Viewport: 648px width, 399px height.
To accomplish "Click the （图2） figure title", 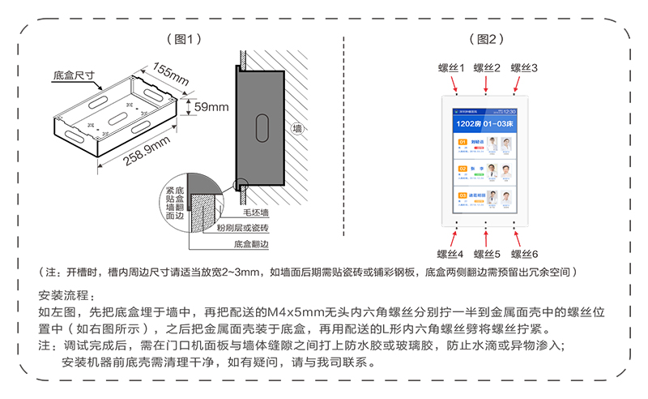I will pyautogui.click(x=486, y=38).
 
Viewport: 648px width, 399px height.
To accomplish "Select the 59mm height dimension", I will pyautogui.click(x=211, y=106).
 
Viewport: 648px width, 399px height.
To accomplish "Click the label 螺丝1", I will pyautogui.click(x=450, y=68).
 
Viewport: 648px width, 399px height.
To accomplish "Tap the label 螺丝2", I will pyautogui.click(x=487, y=68).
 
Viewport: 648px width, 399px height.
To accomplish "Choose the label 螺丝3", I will pyautogui.click(x=523, y=68).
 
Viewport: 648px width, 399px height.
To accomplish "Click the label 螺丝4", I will pyautogui.click(x=450, y=254).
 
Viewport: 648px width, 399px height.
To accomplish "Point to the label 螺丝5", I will pyautogui.click(x=487, y=254).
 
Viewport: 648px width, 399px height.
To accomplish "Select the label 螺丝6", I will pyautogui.click(x=524, y=254).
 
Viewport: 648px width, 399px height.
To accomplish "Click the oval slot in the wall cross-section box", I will pyautogui.click(x=262, y=126).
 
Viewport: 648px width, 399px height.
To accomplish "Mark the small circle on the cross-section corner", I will pyautogui.click(x=240, y=183).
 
